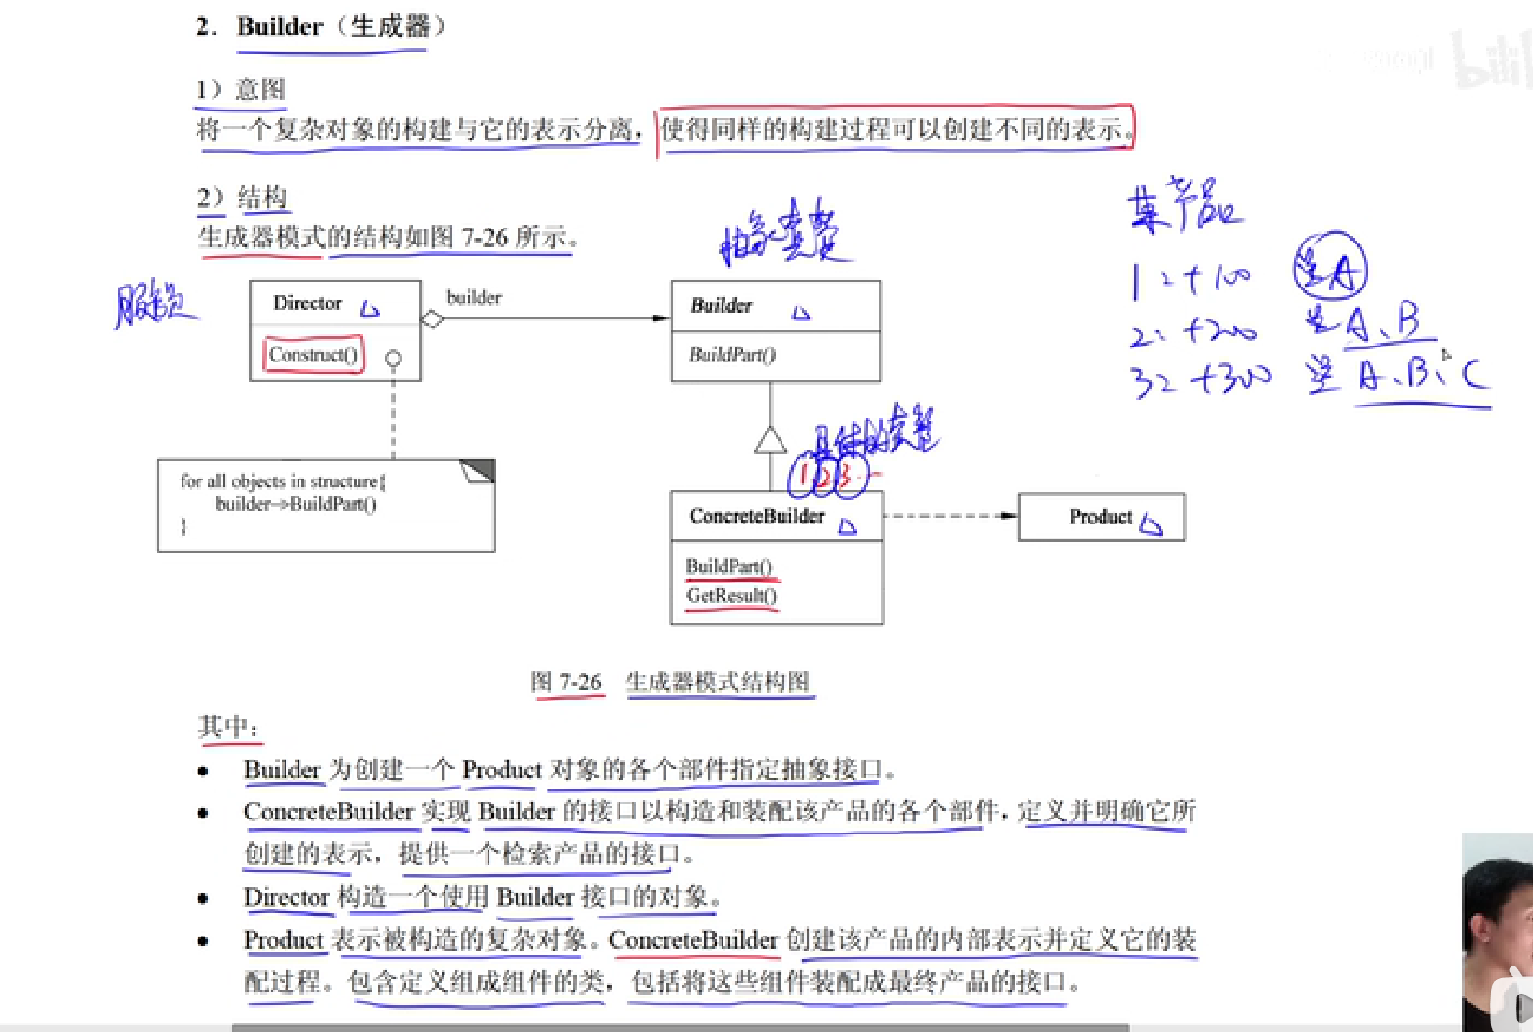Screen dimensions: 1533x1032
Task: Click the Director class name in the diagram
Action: tap(307, 303)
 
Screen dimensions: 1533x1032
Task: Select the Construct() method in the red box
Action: tap(313, 355)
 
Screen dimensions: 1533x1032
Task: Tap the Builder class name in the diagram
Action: tap(721, 305)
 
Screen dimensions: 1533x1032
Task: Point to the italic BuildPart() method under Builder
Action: tap(732, 355)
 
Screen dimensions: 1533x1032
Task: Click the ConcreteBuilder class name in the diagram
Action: tap(756, 516)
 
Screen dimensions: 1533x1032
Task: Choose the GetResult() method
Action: tap(731, 596)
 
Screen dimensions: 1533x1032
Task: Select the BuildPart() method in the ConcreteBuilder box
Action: tap(728, 566)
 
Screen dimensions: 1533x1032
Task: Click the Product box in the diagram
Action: tap(1101, 517)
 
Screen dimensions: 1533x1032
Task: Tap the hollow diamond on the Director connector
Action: tap(432, 319)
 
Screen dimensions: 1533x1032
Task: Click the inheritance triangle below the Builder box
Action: tap(770, 440)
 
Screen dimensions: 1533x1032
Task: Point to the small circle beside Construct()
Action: tap(393, 359)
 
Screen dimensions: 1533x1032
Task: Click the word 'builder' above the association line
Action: tap(474, 298)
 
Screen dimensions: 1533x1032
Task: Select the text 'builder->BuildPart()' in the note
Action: tap(296, 505)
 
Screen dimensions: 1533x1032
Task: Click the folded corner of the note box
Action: tap(478, 470)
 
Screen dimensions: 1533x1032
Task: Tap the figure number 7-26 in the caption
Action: tap(579, 682)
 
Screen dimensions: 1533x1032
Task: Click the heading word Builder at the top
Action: tap(279, 26)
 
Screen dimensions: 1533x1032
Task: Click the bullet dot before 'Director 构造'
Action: tap(203, 898)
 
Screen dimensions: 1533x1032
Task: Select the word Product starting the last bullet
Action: tap(283, 939)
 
